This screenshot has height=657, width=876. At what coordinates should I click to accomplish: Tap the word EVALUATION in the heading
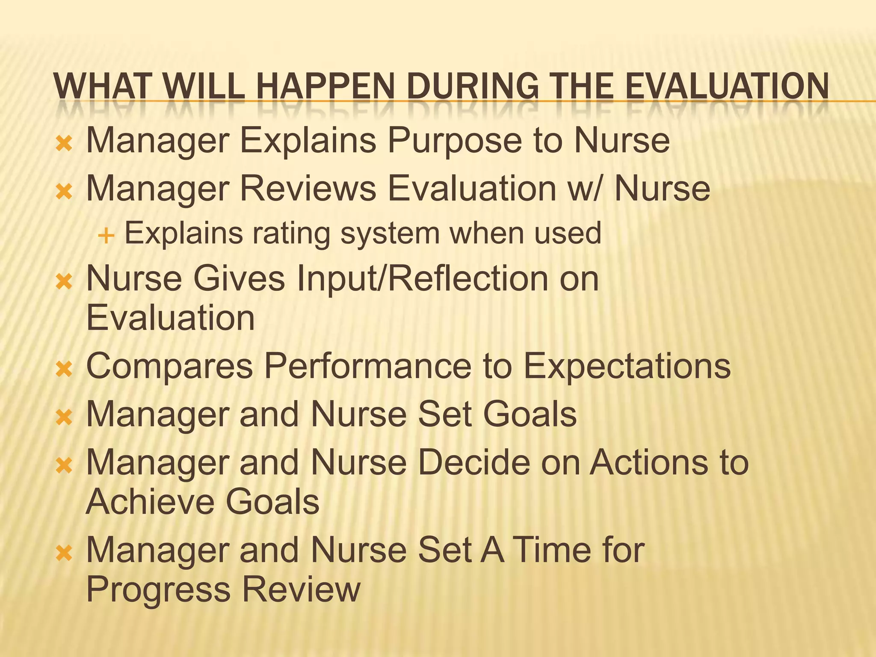pyautogui.click(x=727, y=86)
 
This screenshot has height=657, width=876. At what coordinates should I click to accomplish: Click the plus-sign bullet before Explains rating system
pyautogui.click(x=106, y=235)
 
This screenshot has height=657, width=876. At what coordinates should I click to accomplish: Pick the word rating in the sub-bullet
pyautogui.click(x=291, y=234)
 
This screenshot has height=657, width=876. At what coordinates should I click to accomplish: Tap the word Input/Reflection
pyautogui.click(x=421, y=278)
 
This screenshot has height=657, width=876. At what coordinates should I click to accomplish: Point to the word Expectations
pyautogui.click(x=627, y=366)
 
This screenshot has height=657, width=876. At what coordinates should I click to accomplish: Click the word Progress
pyautogui.click(x=158, y=590)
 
